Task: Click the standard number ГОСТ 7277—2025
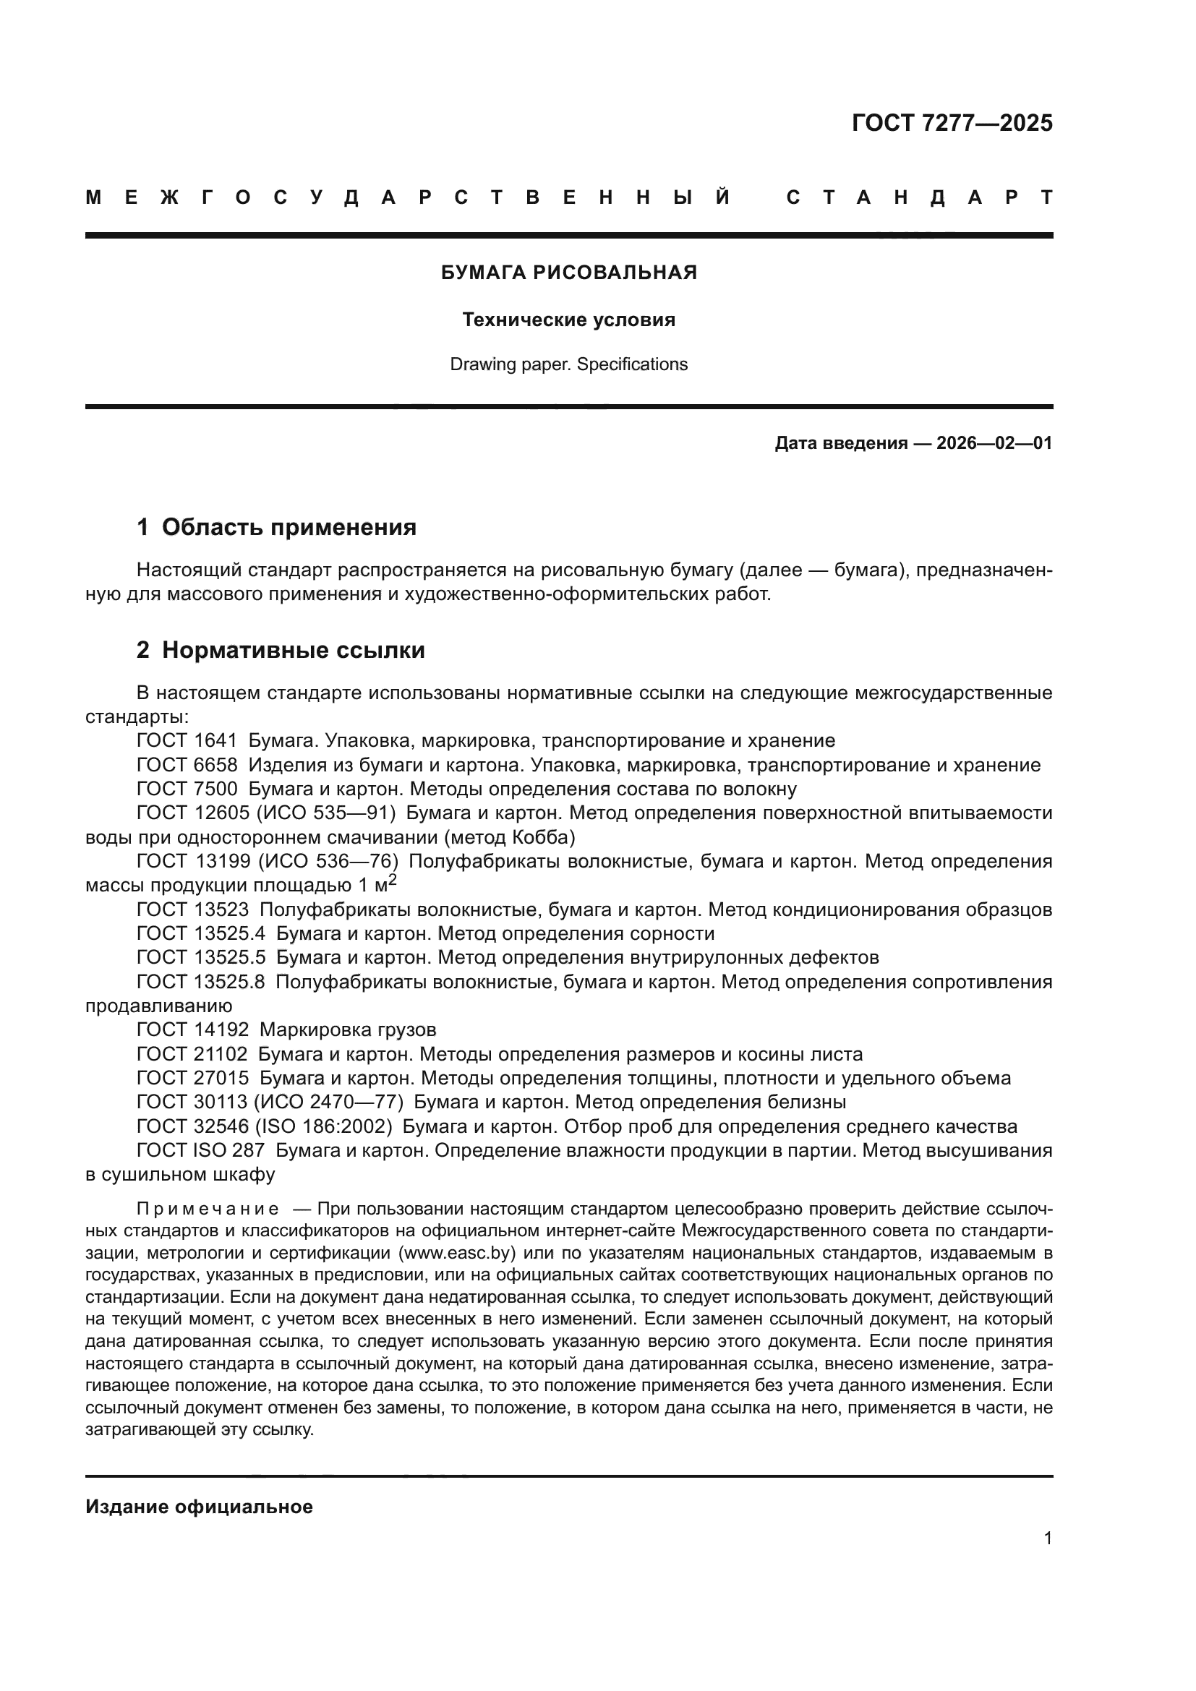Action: click(952, 123)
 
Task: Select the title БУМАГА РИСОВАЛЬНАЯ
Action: click(568, 273)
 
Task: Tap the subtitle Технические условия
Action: click(568, 320)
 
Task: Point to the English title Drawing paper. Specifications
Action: click(568, 364)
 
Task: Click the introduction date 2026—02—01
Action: click(994, 443)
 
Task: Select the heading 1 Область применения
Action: click(276, 527)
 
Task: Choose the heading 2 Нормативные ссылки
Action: click(281, 651)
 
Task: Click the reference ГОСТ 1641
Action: click(187, 741)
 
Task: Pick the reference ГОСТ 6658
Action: click(187, 765)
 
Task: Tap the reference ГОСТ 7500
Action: click(187, 789)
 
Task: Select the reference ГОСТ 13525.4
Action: click(200, 934)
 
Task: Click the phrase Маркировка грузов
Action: click(348, 1029)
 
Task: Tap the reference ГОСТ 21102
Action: click(192, 1054)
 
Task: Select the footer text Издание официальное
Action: click(199, 1507)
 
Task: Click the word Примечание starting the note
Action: click(208, 1210)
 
